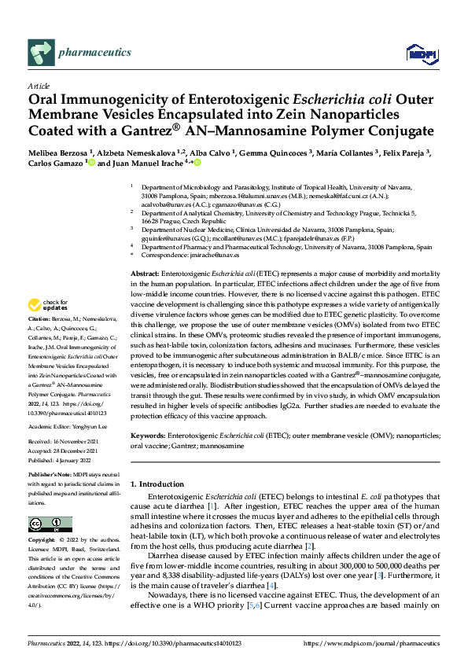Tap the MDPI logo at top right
[x=418, y=53]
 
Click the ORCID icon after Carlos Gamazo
[x=91, y=164]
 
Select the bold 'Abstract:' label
[x=145, y=270]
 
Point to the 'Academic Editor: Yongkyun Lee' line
[x=68, y=426]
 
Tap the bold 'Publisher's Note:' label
[x=51, y=477]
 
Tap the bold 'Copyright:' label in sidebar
[x=43, y=542]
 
